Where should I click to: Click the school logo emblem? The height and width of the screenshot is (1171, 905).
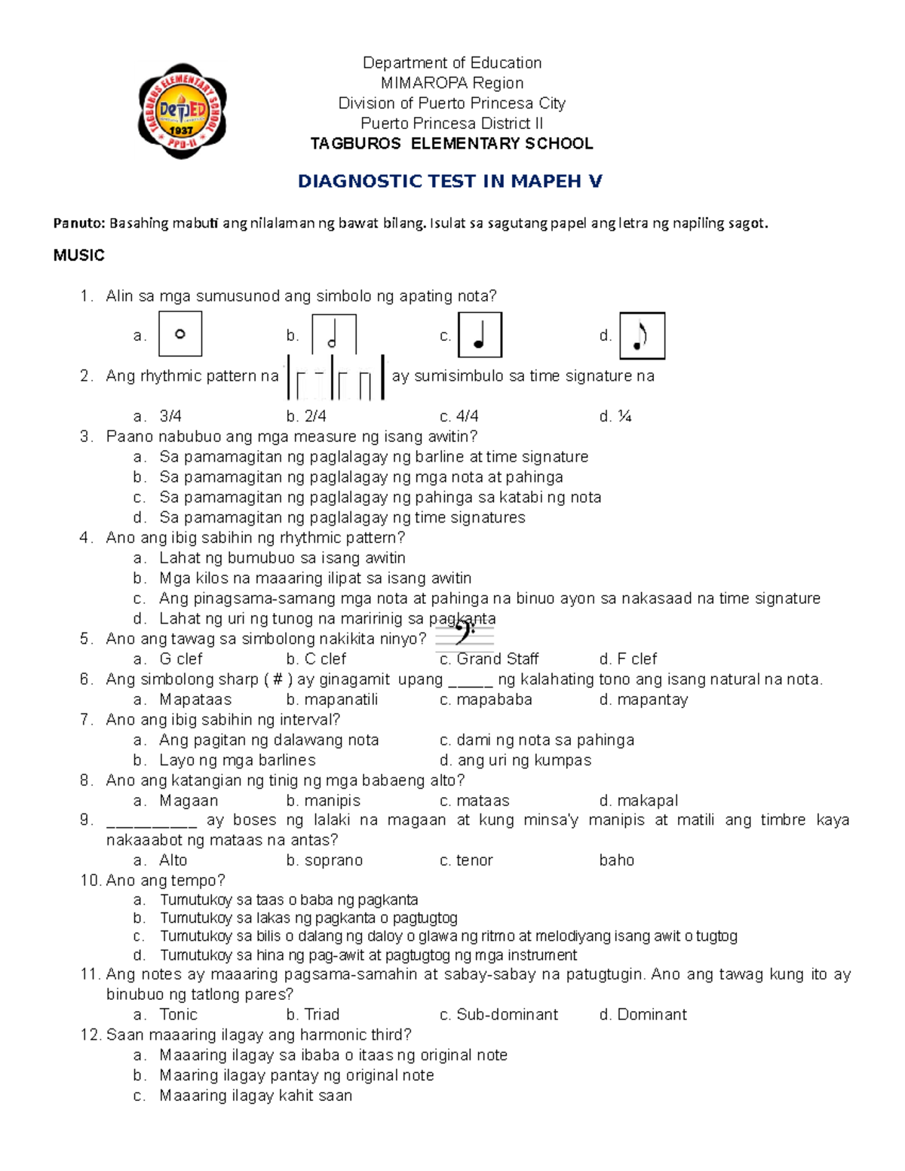tap(182, 112)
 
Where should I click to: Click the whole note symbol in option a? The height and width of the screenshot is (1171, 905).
tap(180, 334)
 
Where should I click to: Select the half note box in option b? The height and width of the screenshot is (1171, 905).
tap(333, 335)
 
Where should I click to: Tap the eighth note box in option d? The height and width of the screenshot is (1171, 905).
tap(642, 336)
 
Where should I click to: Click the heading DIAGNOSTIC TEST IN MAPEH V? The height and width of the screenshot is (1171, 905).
tap(450, 181)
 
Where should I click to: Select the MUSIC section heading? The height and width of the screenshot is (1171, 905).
tap(78, 256)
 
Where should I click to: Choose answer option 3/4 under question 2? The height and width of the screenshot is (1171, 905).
tap(170, 416)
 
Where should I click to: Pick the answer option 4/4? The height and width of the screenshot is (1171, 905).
tap(467, 416)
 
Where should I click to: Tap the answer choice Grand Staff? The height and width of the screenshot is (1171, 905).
tap(497, 659)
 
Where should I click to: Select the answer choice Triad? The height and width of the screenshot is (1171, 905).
tap(321, 1015)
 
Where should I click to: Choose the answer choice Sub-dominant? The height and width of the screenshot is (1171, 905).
tap(507, 1015)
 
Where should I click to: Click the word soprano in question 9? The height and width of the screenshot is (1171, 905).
tap(333, 860)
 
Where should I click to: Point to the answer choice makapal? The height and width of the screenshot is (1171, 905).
tap(647, 801)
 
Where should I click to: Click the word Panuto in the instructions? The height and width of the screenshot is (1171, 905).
tap(78, 223)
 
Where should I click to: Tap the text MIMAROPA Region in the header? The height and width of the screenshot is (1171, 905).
tap(452, 83)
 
